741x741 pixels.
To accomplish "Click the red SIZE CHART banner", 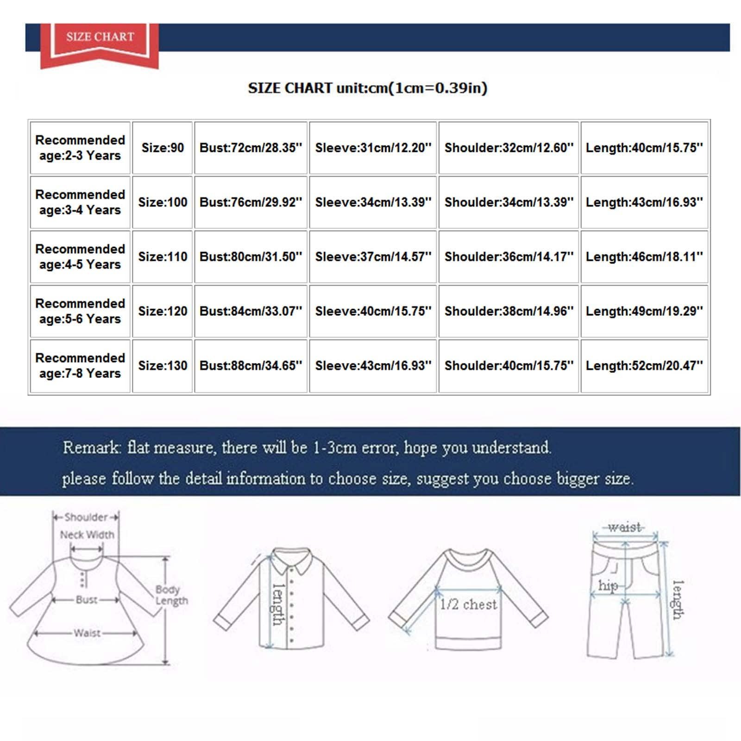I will point(100,39).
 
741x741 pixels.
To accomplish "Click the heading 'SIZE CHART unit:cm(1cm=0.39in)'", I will point(368,88).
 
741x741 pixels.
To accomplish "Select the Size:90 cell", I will point(163,148).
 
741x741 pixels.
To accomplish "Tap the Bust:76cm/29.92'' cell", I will point(251,202).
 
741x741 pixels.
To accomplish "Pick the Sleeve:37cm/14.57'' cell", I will point(373,257).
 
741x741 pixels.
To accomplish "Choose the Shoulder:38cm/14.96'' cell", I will point(509,311).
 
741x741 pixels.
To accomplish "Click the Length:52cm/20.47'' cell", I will point(644,366).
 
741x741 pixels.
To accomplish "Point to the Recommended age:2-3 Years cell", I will point(80,148).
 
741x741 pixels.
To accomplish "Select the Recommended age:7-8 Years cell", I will point(80,366).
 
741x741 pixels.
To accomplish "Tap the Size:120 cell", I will point(163,311).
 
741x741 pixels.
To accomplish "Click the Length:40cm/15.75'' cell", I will point(644,148).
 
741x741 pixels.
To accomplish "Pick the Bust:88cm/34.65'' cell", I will point(251,366).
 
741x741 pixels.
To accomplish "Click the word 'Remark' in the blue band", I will point(91,448).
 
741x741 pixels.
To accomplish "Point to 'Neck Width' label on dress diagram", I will point(87,535).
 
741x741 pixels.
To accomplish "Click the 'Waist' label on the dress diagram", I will point(87,633).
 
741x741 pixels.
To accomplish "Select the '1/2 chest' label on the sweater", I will point(468,604).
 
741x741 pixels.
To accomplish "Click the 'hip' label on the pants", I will point(608,586).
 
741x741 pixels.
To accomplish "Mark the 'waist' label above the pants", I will point(625,527).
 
